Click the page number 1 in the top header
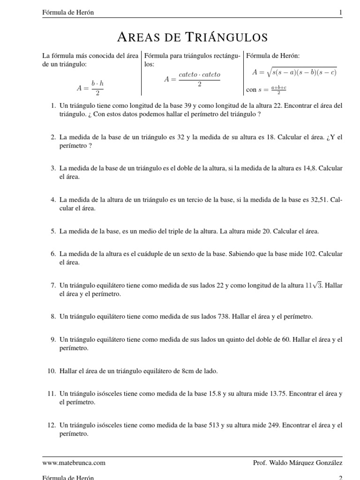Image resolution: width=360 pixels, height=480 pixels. click(341, 13)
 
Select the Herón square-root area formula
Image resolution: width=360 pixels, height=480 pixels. click(294, 72)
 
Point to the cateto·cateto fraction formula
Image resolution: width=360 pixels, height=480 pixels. click(192, 79)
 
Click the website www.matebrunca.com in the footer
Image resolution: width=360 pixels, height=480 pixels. click(74, 463)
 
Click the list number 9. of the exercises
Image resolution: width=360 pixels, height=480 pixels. click(53, 339)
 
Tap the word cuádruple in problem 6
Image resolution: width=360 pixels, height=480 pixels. click(147, 254)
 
